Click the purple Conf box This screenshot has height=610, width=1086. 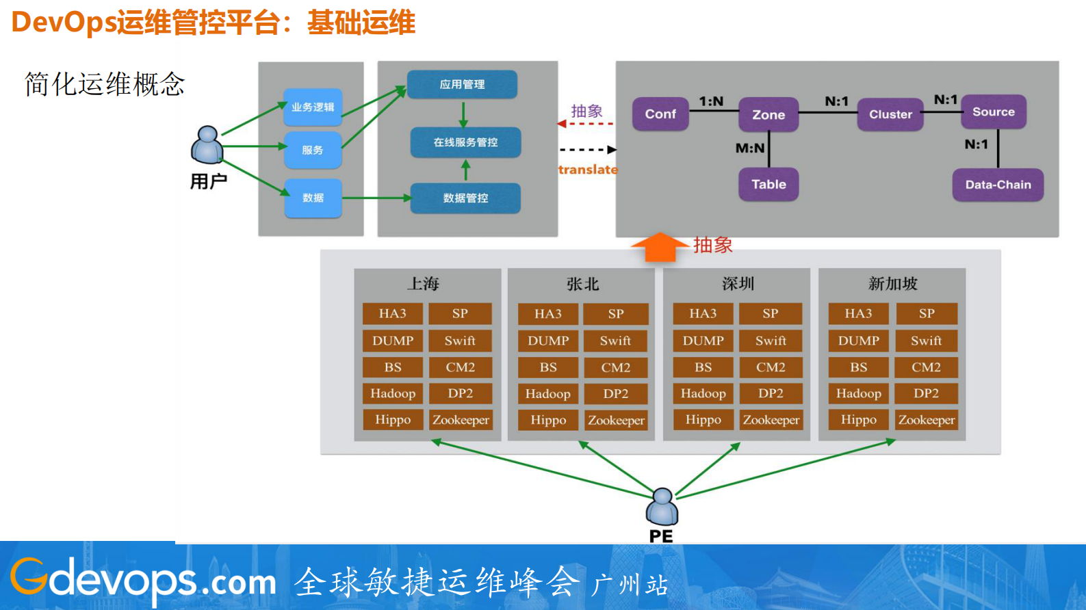tap(660, 114)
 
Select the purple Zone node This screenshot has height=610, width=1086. tap(768, 115)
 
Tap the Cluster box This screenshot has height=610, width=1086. tap(890, 114)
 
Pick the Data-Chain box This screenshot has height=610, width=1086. tap(998, 185)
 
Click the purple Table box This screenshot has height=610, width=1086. tap(768, 185)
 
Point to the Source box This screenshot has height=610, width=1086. tap(994, 112)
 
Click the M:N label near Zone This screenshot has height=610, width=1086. tap(750, 148)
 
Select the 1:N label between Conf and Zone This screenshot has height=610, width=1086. tap(711, 101)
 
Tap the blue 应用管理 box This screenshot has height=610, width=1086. tap(462, 84)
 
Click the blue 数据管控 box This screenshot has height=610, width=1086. tap(465, 198)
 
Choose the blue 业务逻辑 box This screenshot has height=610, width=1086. tap(313, 107)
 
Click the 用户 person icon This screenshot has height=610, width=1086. tap(207, 144)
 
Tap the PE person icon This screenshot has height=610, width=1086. tap(662, 506)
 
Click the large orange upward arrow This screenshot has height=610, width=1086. tap(659, 248)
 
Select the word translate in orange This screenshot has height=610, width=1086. tap(588, 170)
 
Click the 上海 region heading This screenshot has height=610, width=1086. tap(424, 284)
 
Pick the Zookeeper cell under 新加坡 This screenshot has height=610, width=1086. tap(927, 420)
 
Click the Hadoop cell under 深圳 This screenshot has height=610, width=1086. tap(703, 393)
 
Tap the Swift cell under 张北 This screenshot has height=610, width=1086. tap(615, 341)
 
